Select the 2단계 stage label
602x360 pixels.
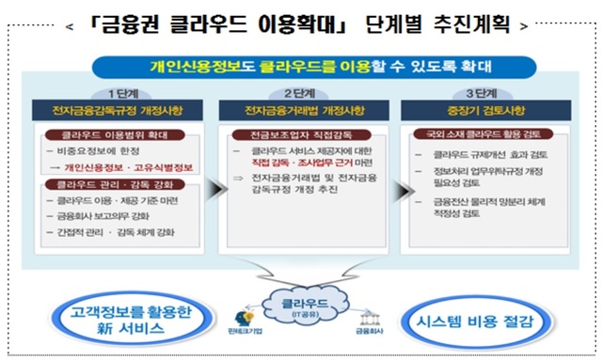[302, 93]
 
